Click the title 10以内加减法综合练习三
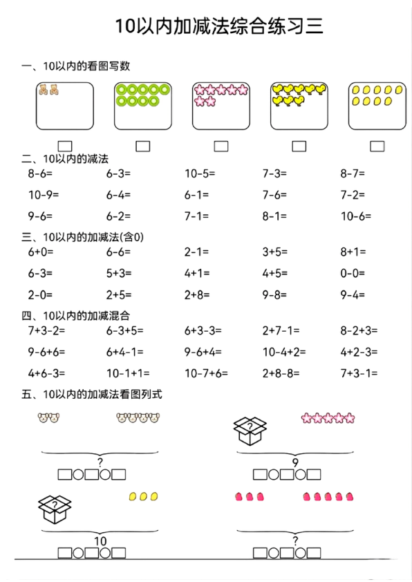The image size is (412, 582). point(219,26)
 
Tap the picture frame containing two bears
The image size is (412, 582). point(65,106)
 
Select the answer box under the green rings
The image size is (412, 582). point(143,146)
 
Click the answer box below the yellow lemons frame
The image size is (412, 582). point(377,146)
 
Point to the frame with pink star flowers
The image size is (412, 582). point(221,106)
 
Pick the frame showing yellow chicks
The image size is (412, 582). point(299,106)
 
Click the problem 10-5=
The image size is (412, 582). point(200,174)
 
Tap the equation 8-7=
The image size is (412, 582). point(353,174)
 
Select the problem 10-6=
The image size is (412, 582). point(356,216)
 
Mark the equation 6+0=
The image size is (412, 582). point(41,252)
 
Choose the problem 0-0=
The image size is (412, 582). point(353,273)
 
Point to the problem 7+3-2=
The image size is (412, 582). point(47,330)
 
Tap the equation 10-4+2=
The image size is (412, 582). point(284,352)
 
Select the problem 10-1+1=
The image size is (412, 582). point(128,373)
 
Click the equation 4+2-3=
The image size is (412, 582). point(359,352)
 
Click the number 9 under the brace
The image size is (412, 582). point(295,462)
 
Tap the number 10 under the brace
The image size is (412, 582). point(100,541)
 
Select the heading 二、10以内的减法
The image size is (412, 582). point(66,159)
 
